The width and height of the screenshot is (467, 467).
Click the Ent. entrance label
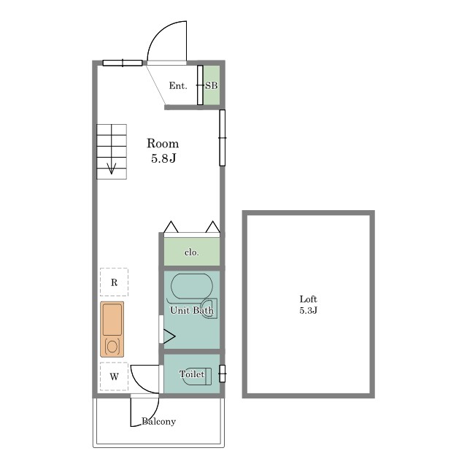[178, 86]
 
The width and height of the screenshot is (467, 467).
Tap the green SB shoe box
[212, 85]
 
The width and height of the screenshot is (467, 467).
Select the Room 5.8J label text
[163, 151]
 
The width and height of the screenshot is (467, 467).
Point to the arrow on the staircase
[112, 169]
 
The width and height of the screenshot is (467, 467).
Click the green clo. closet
[192, 251]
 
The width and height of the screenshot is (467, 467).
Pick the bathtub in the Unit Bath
[192, 286]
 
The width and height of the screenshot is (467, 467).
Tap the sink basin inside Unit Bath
[209, 309]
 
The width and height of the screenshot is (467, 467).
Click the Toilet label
[192, 374]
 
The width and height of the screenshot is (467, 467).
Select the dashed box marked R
[114, 282]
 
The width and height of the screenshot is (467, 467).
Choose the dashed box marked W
[114, 377]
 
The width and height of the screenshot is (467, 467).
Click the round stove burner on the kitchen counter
[112, 347]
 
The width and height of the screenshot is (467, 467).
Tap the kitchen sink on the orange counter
[112, 320]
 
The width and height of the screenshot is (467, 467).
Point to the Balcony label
[158, 422]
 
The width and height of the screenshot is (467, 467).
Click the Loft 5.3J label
[308, 305]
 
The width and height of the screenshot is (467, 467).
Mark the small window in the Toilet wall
[222, 374]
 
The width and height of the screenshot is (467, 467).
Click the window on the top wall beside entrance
[123, 63]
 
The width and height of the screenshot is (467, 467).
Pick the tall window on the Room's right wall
[222, 138]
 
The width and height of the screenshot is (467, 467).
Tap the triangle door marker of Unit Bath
[169, 336]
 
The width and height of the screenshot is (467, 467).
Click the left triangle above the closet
[171, 227]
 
